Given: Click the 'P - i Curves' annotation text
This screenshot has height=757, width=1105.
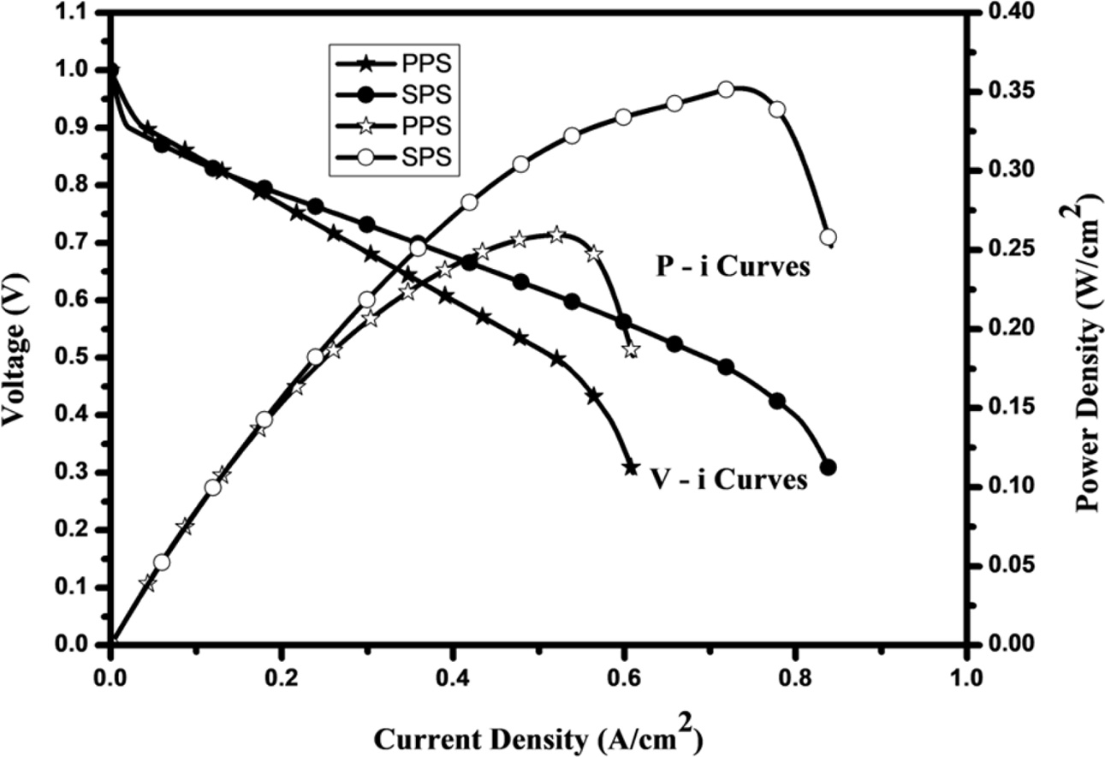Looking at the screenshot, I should click(x=727, y=267).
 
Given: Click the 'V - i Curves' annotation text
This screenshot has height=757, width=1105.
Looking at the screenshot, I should click(x=726, y=480).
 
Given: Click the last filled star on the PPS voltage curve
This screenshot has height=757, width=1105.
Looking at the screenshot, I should click(x=632, y=468).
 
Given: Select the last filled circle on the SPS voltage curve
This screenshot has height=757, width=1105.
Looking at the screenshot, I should click(x=828, y=468).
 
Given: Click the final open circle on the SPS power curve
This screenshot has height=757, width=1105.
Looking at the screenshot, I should click(x=828, y=237).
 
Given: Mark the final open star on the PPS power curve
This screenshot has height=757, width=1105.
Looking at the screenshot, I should click(x=632, y=349).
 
